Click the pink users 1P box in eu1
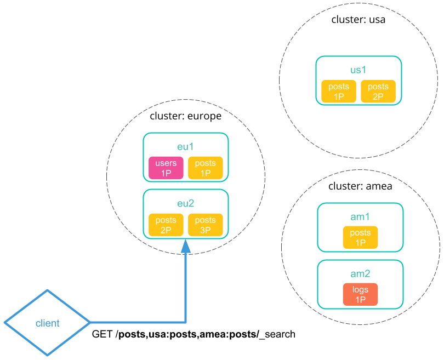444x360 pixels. pos(166,168)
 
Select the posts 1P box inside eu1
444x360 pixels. pos(206,168)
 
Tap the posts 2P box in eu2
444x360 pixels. pos(166,225)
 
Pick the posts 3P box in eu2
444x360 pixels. pos(206,225)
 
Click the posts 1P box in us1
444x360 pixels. pos(339,92)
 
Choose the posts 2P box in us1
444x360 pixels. pos(378,92)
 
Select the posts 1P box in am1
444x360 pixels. pos(360,237)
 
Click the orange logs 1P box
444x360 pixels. pos(360,294)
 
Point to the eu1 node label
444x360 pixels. pos(186,147)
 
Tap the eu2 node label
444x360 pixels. pos(186,204)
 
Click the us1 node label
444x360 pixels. pos(358,70)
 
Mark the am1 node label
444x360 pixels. pos(360,217)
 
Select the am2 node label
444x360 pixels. pos(360,273)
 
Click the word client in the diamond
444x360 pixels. pos(48,323)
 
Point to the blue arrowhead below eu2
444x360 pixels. pos(186,246)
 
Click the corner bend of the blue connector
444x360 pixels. pos(186,322)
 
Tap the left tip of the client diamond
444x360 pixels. pos(5,323)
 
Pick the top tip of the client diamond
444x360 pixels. pos(48,290)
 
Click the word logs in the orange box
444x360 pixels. pos(360,289)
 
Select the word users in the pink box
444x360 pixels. pos(166,163)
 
